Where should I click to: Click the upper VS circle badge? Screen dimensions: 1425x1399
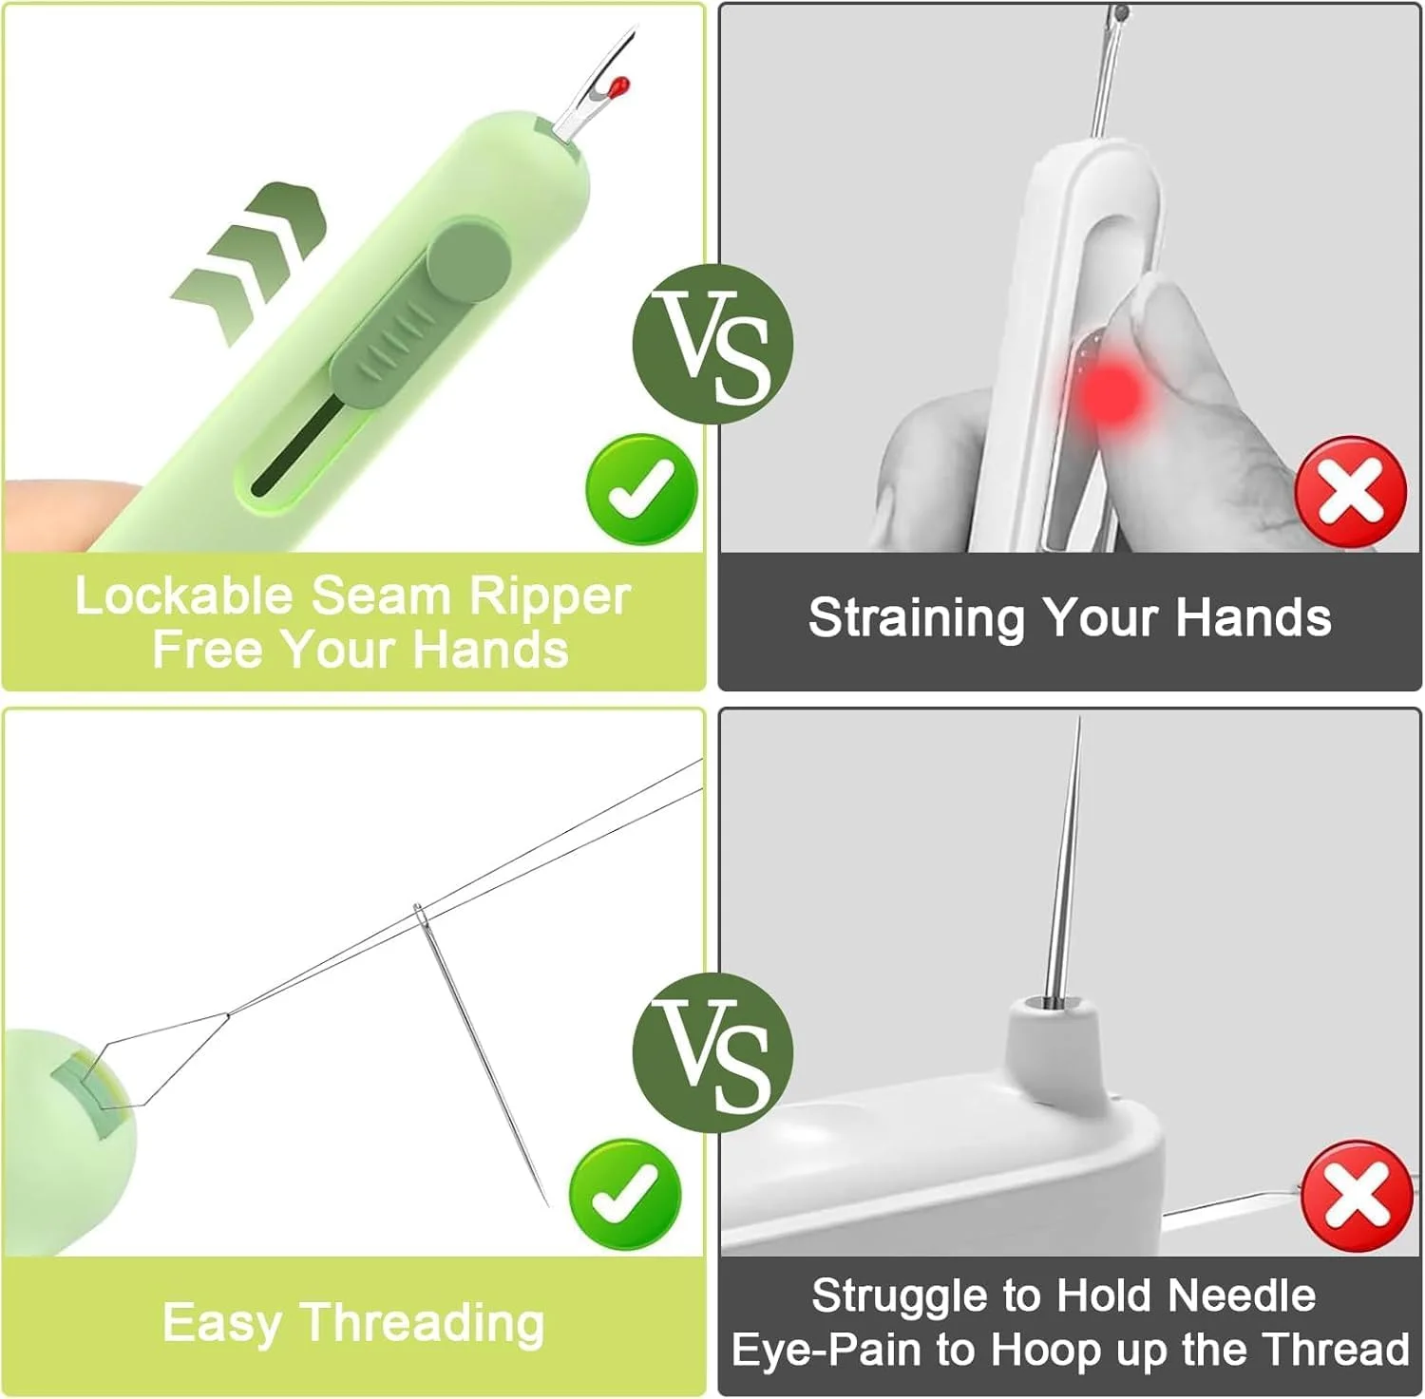(712, 343)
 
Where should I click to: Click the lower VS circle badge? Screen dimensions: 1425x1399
(712, 1052)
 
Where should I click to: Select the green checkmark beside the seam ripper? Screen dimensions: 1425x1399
(642, 490)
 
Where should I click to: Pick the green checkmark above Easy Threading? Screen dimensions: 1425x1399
(625, 1194)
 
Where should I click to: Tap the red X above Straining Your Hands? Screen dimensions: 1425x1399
(1351, 491)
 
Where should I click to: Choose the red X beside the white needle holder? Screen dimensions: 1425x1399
(1357, 1197)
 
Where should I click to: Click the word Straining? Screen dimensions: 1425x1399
(918, 617)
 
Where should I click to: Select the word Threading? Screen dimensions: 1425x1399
(424, 1324)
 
